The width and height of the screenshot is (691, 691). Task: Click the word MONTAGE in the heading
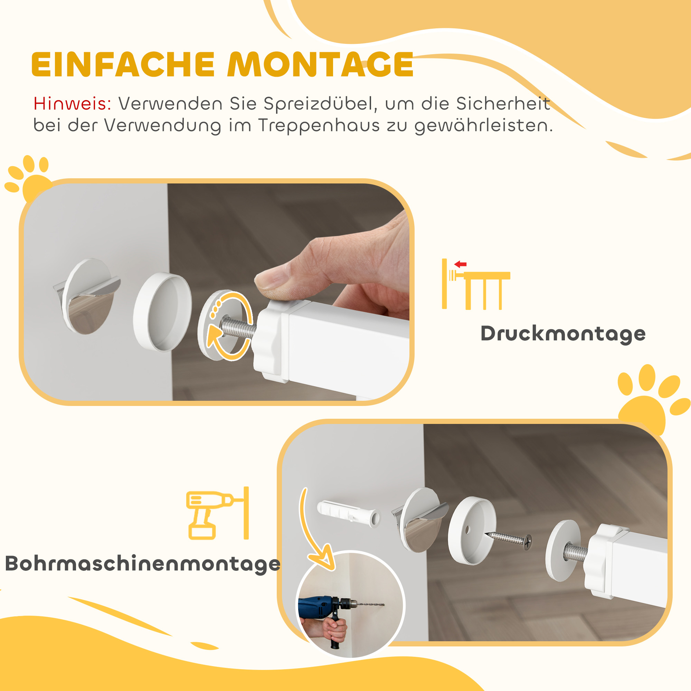coord(321,64)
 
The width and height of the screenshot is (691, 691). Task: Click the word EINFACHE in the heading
coord(123,64)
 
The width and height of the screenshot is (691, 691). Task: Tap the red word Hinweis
coord(72,104)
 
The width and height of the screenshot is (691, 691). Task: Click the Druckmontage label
coord(563,334)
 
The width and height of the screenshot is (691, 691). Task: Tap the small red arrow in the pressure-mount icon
coord(460,264)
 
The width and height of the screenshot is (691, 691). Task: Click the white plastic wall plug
coord(348,512)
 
